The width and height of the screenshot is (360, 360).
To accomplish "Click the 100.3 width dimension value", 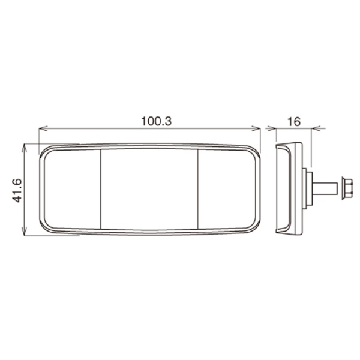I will (157, 121).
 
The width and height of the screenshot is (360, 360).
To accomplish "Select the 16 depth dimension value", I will (293, 121).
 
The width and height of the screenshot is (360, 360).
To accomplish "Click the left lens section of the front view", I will (71, 188).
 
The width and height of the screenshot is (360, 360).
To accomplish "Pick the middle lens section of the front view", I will (149, 188).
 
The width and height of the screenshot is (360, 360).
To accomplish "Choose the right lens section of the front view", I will (227, 188).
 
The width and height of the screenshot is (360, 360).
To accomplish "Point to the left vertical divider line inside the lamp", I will (100, 188).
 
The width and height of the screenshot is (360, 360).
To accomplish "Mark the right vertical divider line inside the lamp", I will (198, 188).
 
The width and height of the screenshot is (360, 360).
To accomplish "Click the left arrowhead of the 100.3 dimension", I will (41, 128).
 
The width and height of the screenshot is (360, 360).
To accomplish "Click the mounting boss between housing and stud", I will (307, 188).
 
